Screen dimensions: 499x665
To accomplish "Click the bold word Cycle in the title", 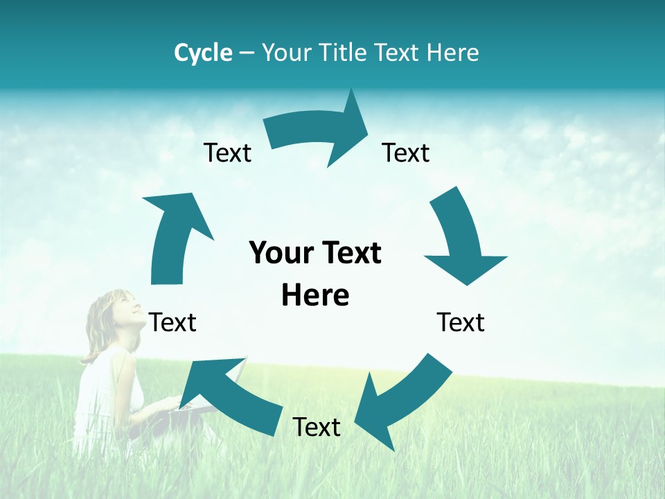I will pyautogui.click(x=203, y=53).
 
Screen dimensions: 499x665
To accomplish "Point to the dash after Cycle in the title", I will pyautogui.click(x=247, y=53).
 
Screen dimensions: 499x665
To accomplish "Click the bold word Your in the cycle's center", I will pyautogui.click(x=278, y=254).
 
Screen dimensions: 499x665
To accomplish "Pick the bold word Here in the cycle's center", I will pyautogui.click(x=315, y=296).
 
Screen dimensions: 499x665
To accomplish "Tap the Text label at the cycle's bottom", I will pyautogui.click(x=317, y=427).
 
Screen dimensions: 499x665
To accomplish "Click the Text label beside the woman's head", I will pyautogui.click(x=172, y=322).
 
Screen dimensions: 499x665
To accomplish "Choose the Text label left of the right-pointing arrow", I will pyautogui.click(x=227, y=152).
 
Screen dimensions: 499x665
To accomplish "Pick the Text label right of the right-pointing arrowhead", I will pyautogui.click(x=406, y=152).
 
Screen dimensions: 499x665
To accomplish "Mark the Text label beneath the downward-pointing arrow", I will pyautogui.click(x=461, y=322).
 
